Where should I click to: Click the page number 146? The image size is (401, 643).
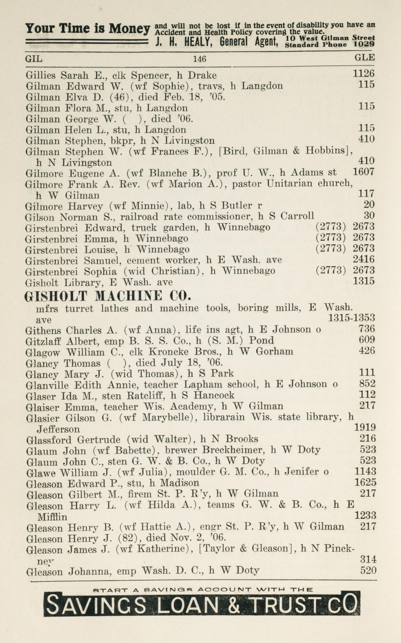[x=199, y=59]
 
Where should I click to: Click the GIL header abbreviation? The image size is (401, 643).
[x=34, y=58]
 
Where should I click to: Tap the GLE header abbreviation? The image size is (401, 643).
[x=364, y=57]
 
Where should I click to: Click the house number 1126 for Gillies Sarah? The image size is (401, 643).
[x=363, y=73]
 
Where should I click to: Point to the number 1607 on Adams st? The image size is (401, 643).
[x=363, y=172]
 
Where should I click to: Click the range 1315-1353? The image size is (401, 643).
[x=351, y=317]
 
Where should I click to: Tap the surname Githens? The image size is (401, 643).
[x=43, y=330]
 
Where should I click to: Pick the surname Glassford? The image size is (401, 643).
[x=49, y=440]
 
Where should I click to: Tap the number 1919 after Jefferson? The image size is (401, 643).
[x=365, y=427]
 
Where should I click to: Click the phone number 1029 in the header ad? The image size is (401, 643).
[x=364, y=44]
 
